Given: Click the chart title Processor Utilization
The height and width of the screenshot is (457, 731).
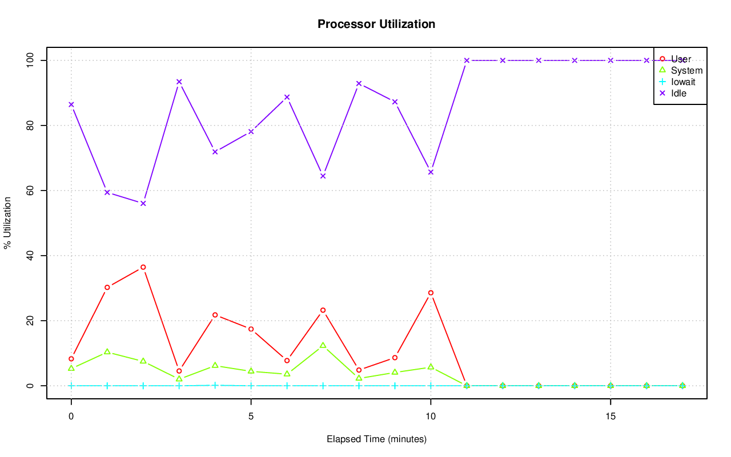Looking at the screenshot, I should tap(376, 24).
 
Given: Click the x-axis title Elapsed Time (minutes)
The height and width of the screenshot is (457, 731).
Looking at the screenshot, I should tap(376, 439).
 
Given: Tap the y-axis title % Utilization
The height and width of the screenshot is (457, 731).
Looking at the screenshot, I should tap(7, 223).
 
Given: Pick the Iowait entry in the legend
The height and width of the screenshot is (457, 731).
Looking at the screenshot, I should tap(683, 82).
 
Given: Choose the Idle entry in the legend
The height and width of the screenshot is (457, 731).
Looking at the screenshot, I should tap(678, 93).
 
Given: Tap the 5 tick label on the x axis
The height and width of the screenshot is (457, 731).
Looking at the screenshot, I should tap(251, 417).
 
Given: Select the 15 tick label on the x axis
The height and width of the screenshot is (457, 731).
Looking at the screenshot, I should tap(610, 417).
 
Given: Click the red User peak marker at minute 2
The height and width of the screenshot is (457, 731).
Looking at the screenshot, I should tap(143, 267).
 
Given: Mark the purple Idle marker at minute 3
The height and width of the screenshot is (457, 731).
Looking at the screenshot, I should tap(179, 82).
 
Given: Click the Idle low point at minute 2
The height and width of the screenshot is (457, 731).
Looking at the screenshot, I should tap(143, 203).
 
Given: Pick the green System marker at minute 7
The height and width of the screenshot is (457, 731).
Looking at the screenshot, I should tap(323, 345).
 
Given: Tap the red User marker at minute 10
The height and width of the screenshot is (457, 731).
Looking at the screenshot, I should tap(431, 293).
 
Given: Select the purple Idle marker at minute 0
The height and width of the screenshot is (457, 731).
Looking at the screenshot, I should tap(71, 104).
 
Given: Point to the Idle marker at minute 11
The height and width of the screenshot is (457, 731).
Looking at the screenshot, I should tap(467, 60).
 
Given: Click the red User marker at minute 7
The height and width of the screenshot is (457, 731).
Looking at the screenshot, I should tap(323, 310).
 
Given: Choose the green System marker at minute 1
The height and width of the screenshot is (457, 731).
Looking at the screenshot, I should tap(107, 351).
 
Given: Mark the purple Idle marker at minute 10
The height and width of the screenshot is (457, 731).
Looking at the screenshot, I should tap(431, 172).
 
